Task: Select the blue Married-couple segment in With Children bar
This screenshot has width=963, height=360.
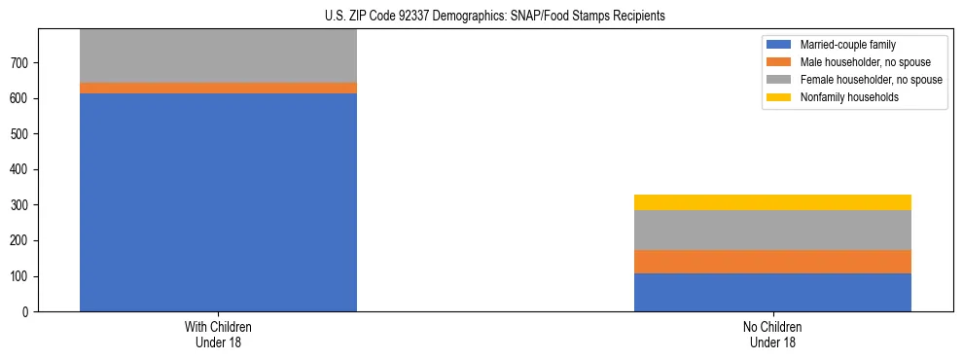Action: point(218,202)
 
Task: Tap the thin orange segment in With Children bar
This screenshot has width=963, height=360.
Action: point(218,88)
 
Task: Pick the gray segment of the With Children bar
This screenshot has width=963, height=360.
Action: point(218,55)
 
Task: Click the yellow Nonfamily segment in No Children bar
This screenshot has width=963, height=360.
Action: point(772,202)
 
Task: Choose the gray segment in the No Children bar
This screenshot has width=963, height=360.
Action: point(772,230)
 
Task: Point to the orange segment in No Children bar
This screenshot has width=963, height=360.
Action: point(772,262)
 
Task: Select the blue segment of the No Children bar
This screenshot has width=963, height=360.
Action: point(772,292)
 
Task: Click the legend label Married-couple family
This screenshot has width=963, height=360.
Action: point(848,45)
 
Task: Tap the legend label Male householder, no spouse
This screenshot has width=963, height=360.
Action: point(866,62)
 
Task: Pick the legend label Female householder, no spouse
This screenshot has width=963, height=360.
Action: point(871,80)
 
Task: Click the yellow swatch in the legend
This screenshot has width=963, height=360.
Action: point(779,97)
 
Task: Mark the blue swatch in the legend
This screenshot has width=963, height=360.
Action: point(779,45)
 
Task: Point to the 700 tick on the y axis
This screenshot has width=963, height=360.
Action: point(22,63)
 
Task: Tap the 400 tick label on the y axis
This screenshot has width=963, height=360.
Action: point(22,170)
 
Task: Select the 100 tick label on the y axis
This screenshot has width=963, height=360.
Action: point(22,276)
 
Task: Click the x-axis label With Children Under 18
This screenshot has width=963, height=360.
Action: point(218,334)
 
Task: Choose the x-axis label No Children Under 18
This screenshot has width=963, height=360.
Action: point(772,334)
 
